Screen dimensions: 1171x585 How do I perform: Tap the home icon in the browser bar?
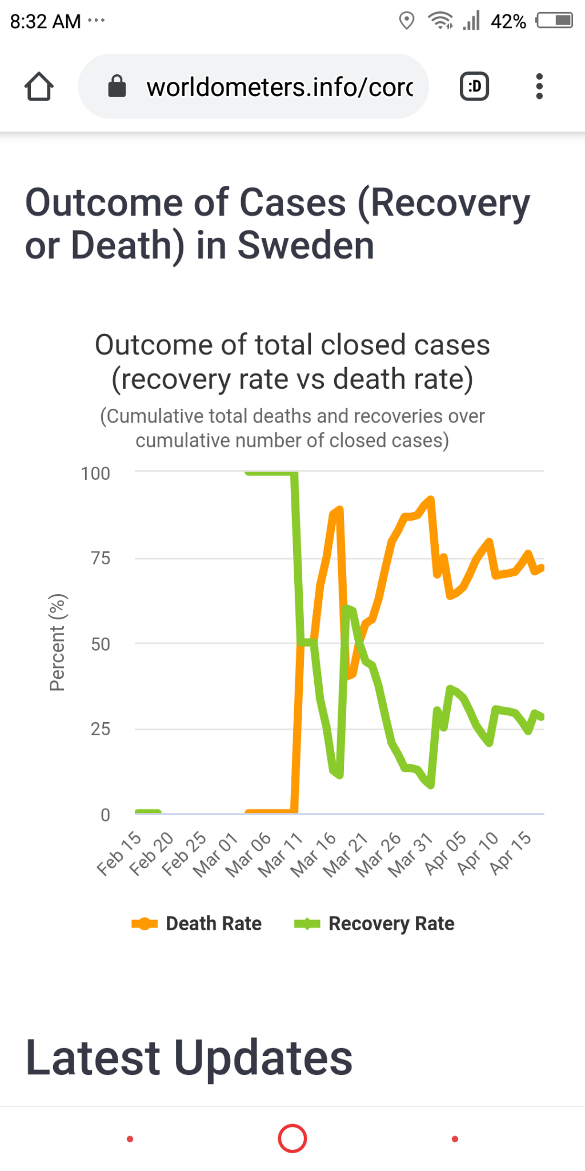(x=39, y=87)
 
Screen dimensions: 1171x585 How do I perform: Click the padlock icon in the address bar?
(x=117, y=87)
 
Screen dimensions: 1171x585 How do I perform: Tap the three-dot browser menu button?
(x=539, y=87)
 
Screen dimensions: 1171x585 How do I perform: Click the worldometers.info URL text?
(x=279, y=87)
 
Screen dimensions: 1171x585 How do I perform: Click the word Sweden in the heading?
(x=306, y=246)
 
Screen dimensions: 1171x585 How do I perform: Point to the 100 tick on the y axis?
(x=95, y=473)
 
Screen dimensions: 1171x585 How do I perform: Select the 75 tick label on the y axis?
(x=101, y=558)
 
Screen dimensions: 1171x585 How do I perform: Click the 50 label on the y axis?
(x=101, y=644)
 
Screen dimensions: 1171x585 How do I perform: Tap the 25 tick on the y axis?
(x=101, y=729)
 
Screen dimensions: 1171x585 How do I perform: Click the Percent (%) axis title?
(x=58, y=643)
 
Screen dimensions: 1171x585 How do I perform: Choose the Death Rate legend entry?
(x=197, y=923)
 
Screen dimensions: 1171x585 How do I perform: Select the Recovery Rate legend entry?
(x=374, y=923)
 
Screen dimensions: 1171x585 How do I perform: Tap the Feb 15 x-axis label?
(x=119, y=853)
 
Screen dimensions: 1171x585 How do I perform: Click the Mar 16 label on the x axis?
(x=314, y=854)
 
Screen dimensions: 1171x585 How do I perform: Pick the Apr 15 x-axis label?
(x=511, y=853)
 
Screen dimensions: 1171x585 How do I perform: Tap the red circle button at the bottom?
(x=292, y=1138)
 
